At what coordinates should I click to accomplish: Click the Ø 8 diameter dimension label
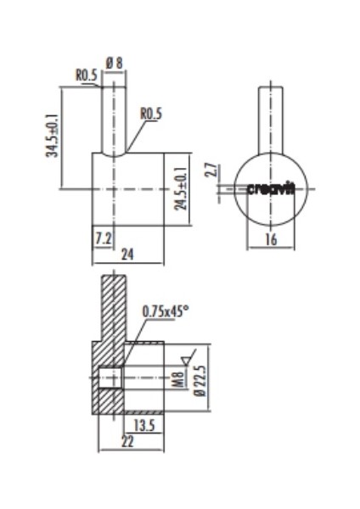[x=115, y=62]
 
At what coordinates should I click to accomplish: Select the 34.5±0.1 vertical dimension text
[x=53, y=136]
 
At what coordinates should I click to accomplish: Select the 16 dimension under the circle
[x=271, y=240]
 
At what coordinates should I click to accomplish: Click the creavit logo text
[x=271, y=189]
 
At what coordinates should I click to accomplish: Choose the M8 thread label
[x=178, y=378]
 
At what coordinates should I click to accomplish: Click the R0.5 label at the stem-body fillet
[x=151, y=114]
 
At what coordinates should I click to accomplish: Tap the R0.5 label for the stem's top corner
[x=86, y=75]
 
